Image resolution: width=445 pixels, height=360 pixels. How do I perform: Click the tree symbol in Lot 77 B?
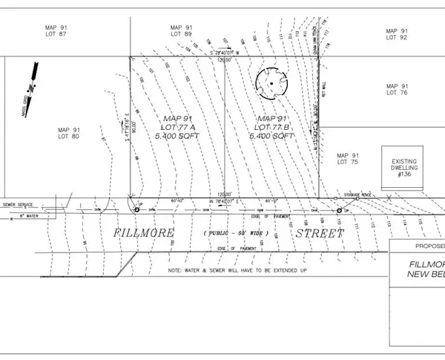pos(272,84)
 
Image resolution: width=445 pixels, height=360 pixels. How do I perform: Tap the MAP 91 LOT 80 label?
pos(69,133)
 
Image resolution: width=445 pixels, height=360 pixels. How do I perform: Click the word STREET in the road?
pos(320,233)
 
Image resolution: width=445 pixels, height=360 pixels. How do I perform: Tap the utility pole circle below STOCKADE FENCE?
pos(339,211)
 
